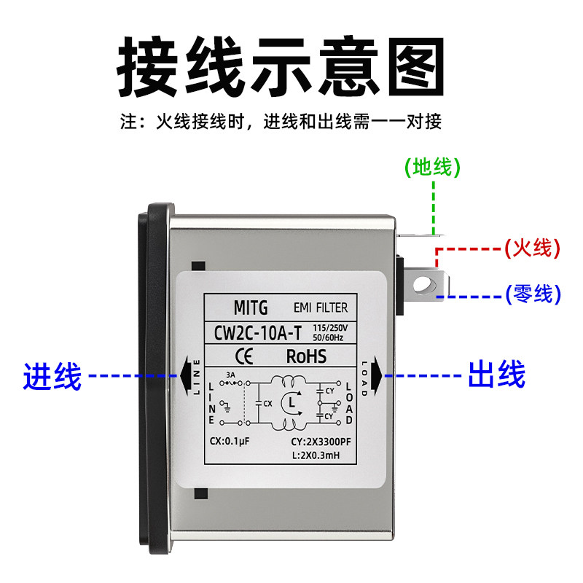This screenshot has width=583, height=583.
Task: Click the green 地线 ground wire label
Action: (x=433, y=168)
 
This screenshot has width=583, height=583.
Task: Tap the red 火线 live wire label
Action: (x=532, y=248)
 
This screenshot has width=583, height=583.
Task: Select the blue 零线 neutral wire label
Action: (x=532, y=294)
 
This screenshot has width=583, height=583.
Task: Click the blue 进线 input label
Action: (x=52, y=376)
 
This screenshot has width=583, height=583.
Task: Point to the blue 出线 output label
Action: (x=496, y=376)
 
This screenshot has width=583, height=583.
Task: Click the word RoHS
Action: (x=307, y=356)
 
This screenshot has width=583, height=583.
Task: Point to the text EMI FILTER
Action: (x=321, y=307)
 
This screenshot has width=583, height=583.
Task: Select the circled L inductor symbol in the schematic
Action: (x=291, y=402)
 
